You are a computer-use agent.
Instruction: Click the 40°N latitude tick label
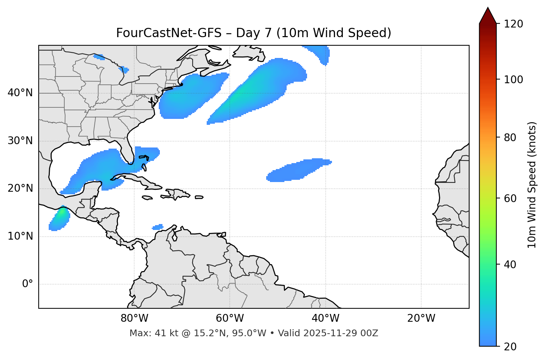point(20,93)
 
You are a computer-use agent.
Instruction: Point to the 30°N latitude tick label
point(20,141)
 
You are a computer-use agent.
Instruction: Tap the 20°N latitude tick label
point(20,188)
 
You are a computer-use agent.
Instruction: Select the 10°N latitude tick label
point(20,236)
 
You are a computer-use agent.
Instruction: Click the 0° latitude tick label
point(28,284)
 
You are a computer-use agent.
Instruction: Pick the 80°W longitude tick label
point(134,318)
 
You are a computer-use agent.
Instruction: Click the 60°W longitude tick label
point(230,318)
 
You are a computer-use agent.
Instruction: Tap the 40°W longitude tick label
point(325,318)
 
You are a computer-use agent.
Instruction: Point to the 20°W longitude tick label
point(421,318)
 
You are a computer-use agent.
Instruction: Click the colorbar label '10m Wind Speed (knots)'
point(532,185)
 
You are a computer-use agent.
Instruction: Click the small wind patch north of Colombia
point(158,227)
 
